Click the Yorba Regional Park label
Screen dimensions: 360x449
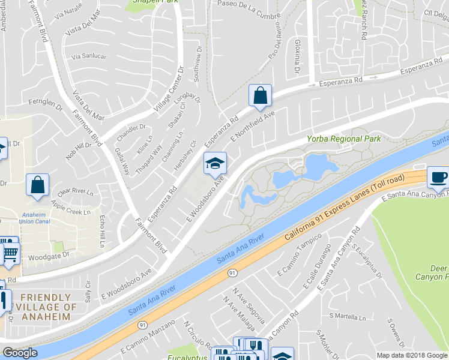coord(344,139)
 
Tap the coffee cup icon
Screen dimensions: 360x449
coord(438,178)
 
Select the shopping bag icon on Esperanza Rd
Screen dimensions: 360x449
coord(260,95)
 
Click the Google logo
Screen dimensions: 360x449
coord(20,353)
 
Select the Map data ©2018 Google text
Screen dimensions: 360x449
coord(411,355)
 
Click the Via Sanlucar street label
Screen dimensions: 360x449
coord(89,56)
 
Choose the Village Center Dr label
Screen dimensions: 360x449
coord(168,90)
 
